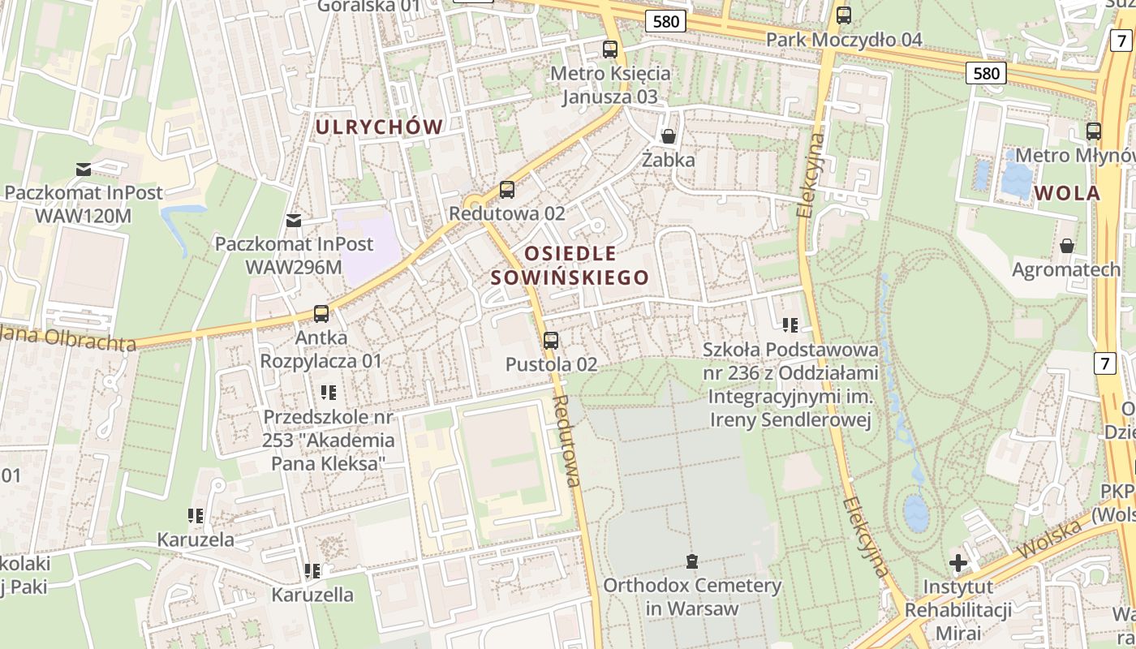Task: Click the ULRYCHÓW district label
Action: click(x=379, y=127)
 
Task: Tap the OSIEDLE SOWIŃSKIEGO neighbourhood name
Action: click(x=570, y=265)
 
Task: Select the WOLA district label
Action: click(x=1067, y=193)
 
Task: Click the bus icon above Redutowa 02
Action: click(x=507, y=190)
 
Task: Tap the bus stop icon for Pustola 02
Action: click(x=551, y=341)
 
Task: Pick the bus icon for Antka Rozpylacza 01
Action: click(x=321, y=314)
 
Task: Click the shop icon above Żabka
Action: click(x=668, y=135)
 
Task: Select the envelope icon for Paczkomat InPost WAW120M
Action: click(x=84, y=169)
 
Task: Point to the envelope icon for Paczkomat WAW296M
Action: click(x=294, y=220)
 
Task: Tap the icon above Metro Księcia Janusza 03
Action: click(x=610, y=49)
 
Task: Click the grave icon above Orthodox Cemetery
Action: click(x=692, y=561)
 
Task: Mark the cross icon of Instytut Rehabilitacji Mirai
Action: click(x=958, y=562)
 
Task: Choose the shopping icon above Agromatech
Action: click(x=1066, y=245)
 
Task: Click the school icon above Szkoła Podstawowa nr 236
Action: click(x=790, y=325)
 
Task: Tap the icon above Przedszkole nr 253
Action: click(x=329, y=393)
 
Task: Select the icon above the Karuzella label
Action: click(x=312, y=571)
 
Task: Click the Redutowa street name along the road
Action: click(x=566, y=441)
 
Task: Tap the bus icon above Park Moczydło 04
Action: click(x=844, y=15)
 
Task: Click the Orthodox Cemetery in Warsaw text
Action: click(x=692, y=596)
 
